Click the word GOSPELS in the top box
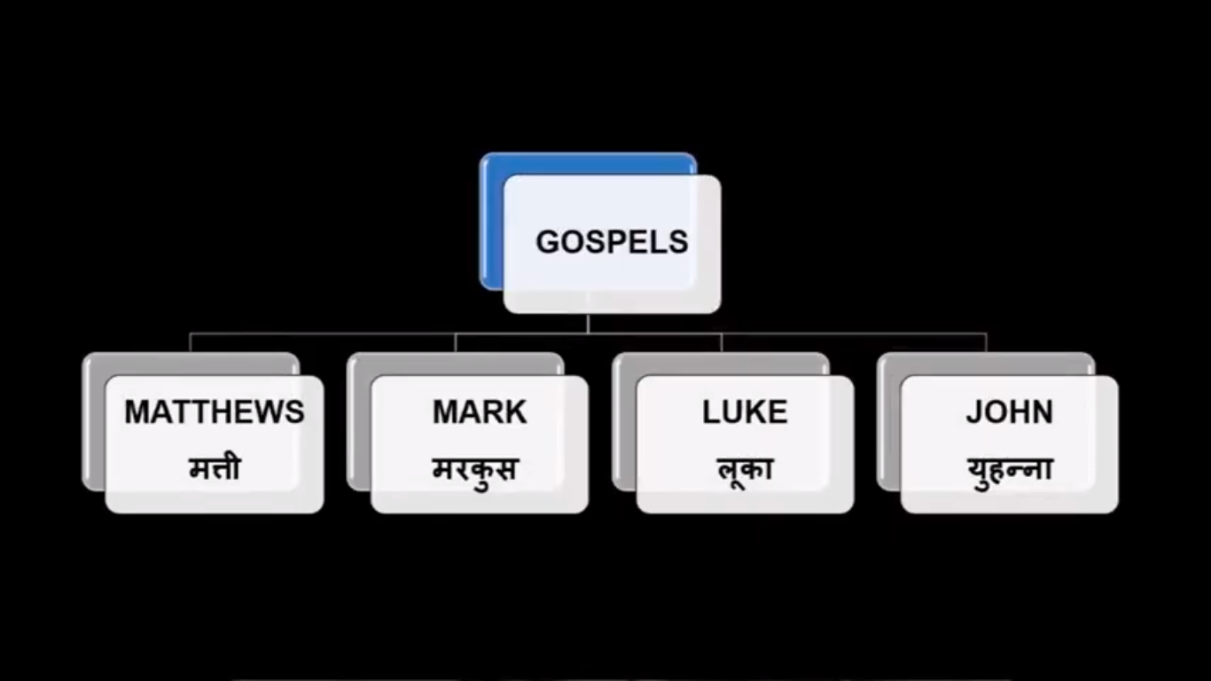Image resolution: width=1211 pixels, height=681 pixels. coord(612,242)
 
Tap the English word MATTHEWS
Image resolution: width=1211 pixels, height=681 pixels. coord(215,412)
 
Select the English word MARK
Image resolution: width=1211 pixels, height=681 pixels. coord(480,412)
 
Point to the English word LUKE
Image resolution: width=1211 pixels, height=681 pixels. coord(745,412)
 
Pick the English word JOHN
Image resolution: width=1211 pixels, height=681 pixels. coord(1010,412)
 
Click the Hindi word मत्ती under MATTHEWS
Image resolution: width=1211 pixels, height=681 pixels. coord(215,468)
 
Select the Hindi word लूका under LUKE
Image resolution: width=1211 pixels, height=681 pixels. coord(745,468)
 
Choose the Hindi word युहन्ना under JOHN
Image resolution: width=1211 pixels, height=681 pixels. coord(1010,468)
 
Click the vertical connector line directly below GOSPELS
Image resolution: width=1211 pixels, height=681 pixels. coord(588,323)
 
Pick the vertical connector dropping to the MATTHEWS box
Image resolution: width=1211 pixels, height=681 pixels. coord(191,342)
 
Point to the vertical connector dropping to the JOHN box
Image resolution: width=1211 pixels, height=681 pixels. coord(986,342)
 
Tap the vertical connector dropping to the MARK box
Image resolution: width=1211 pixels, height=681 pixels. coord(456,342)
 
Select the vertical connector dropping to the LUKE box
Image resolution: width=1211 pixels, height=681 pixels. coord(721,342)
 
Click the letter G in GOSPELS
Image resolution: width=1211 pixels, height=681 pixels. coord(547,242)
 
